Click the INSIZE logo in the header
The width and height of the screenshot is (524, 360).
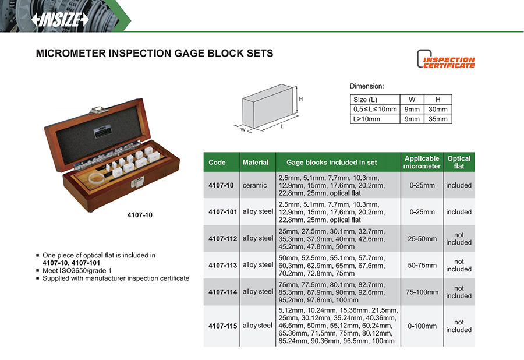[60, 19]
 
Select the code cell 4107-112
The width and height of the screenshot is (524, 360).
[221, 238]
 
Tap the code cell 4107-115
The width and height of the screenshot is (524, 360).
[221, 326]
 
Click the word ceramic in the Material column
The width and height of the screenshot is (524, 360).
[255, 185]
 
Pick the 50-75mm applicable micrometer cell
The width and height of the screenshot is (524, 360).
[422, 266]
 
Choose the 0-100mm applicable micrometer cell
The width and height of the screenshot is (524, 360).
[422, 326]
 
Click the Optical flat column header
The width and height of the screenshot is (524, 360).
[459, 162]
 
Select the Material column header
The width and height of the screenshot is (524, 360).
[256, 163]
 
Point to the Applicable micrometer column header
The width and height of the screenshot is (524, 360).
[422, 162]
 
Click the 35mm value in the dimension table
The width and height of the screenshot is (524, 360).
[438, 119]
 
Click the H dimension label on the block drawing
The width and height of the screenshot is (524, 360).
[300, 100]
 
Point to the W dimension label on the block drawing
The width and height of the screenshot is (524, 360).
[243, 129]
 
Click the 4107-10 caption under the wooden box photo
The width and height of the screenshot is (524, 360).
[140, 215]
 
